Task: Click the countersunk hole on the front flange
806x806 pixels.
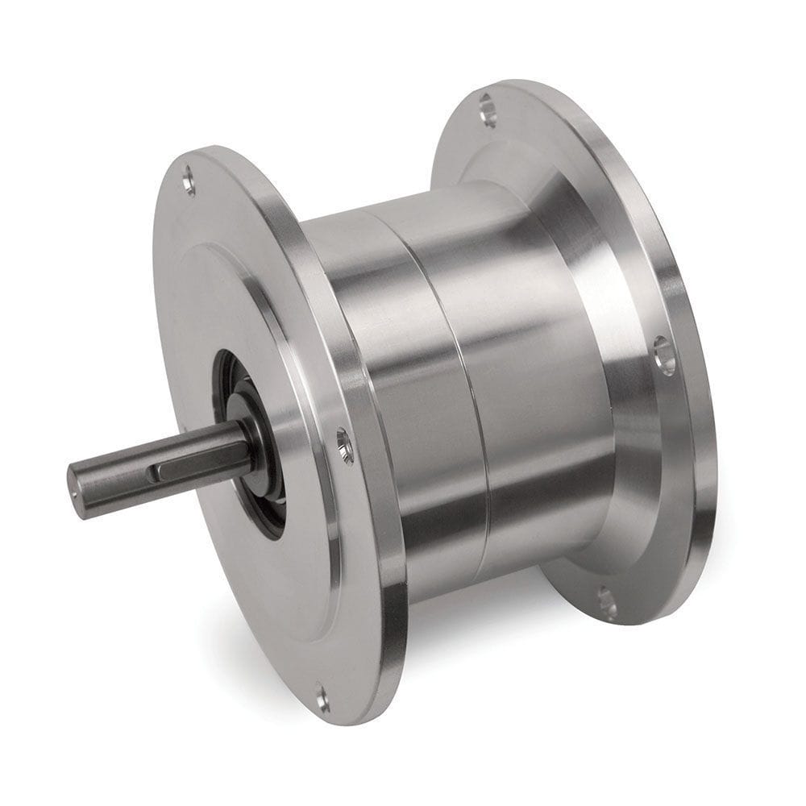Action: [x=345, y=445]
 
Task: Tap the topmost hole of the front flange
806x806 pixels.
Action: [x=189, y=180]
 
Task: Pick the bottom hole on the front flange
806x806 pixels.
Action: [x=322, y=698]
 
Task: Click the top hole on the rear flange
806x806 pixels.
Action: [x=487, y=109]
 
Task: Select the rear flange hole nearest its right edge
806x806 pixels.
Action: [x=664, y=355]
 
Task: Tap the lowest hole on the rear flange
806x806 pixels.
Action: [x=607, y=600]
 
